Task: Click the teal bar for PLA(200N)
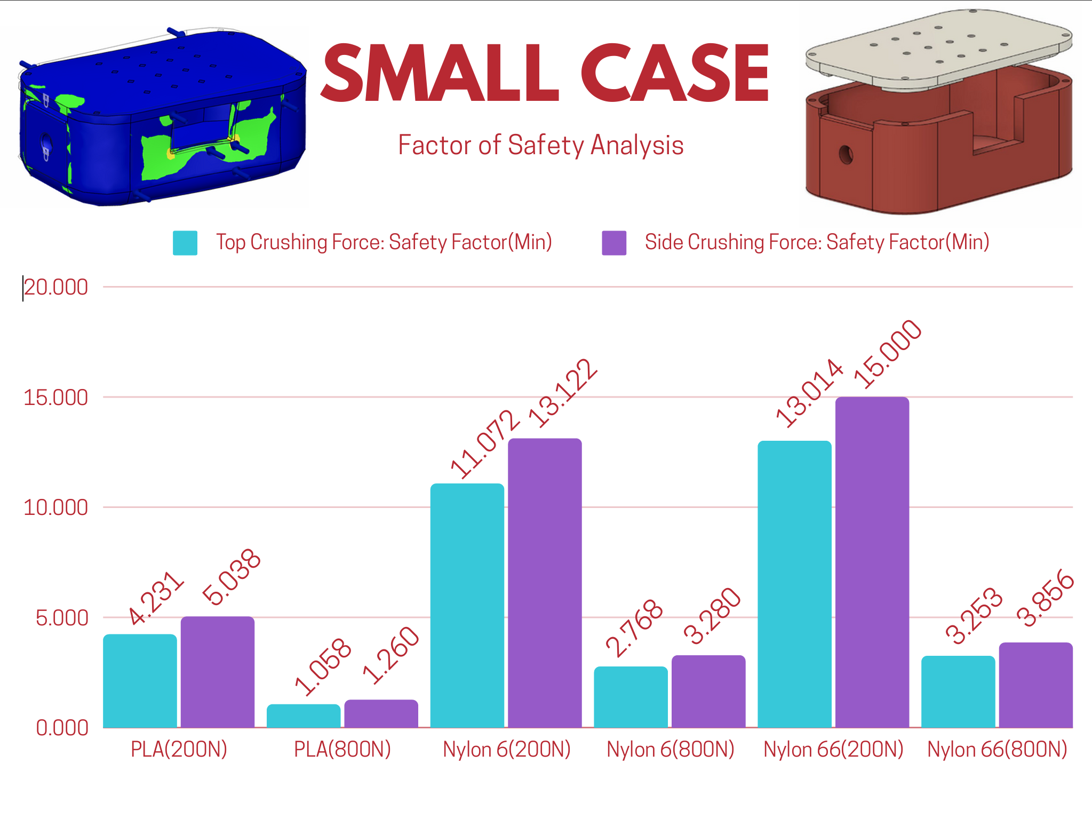coord(140,680)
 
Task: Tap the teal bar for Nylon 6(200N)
coord(467,605)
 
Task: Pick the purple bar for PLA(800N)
coord(381,713)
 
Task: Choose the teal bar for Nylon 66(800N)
coord(958,692)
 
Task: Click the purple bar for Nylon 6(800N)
coord(708,691)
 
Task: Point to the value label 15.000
coord(887,354)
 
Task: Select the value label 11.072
coord(484,443)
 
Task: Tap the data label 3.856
coord(1045,598)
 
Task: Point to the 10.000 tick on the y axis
coord(55,507)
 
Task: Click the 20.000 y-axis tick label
coord(55,287)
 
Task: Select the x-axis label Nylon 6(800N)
coord(671,750)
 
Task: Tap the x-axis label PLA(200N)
coord(179,750)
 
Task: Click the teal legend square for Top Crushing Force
coord(185,243)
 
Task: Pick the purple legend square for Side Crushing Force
coord(614,243)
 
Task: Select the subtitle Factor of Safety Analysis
coord(540,145)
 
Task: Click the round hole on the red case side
coord(846,155)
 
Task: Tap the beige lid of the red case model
coord(939,48)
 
